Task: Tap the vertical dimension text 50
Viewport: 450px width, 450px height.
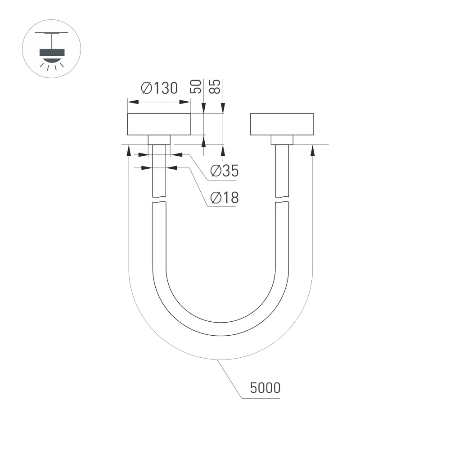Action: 196,86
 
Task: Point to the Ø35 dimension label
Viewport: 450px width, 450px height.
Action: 224,171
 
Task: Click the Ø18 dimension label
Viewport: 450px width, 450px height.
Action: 224,198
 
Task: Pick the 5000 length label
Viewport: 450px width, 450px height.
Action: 265,388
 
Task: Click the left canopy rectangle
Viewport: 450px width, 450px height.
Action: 159,125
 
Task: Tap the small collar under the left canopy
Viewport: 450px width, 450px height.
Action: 159,140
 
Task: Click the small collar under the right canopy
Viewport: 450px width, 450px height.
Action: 282,140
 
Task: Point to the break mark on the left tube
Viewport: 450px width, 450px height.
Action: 159,201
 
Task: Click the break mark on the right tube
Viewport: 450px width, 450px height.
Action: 282,201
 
